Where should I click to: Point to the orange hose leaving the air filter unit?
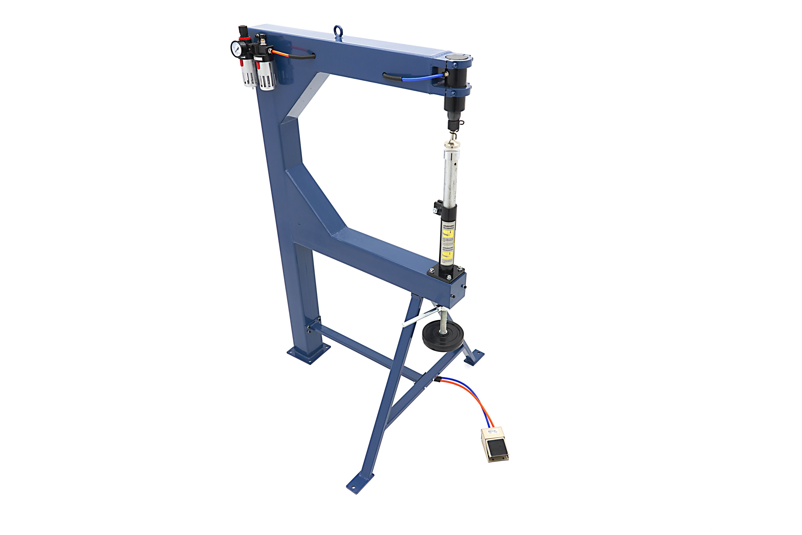tap(280, 53)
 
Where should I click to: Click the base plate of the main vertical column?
tap(309, 354)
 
